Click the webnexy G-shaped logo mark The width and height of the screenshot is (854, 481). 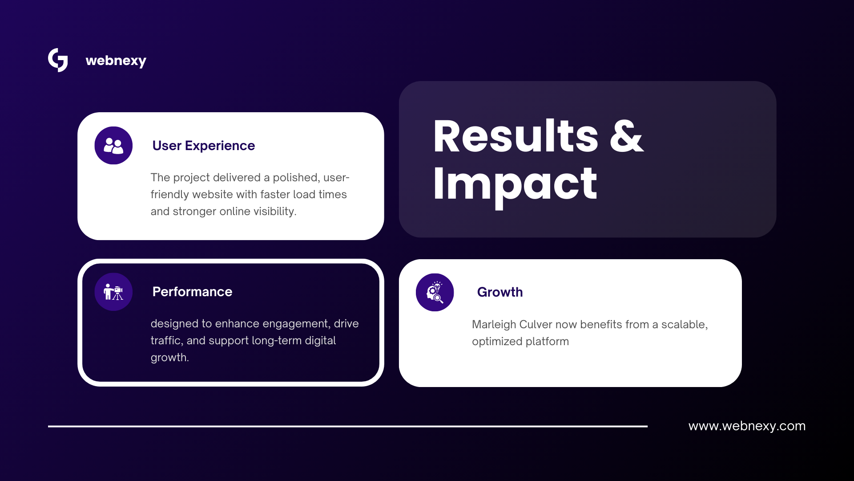[x=58, y=60]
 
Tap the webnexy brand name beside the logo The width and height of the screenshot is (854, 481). [x=116, y=61]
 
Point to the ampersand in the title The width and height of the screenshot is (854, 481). [x=626, y=136]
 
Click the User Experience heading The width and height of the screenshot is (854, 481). [x=203, y=146]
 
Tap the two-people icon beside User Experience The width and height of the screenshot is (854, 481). [x=113, y=146]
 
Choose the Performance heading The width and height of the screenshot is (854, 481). [x=192, y=292]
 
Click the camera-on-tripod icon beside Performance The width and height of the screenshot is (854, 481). [x=113, y=292]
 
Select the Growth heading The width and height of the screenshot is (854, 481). [x=500, y=292]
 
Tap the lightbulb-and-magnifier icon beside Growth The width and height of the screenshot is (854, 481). [x=435, y=292]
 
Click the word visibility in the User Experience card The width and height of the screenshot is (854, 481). [x=275, y=212]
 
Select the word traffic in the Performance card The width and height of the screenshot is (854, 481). [x=167, y=340]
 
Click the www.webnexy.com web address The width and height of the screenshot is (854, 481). [x=747, y=426]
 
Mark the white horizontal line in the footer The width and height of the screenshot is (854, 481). [x=348, y=426]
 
